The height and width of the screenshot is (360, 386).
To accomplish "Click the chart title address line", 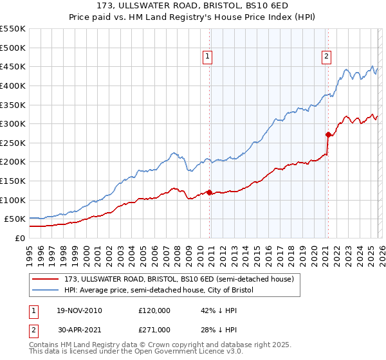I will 192,6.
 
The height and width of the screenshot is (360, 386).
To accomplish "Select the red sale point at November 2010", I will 210,192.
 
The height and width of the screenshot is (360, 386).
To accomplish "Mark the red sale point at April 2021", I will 328,134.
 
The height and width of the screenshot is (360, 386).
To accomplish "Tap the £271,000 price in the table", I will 154,330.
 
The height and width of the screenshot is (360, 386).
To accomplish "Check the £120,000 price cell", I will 154,310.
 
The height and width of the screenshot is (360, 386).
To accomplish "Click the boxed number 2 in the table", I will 33,330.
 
